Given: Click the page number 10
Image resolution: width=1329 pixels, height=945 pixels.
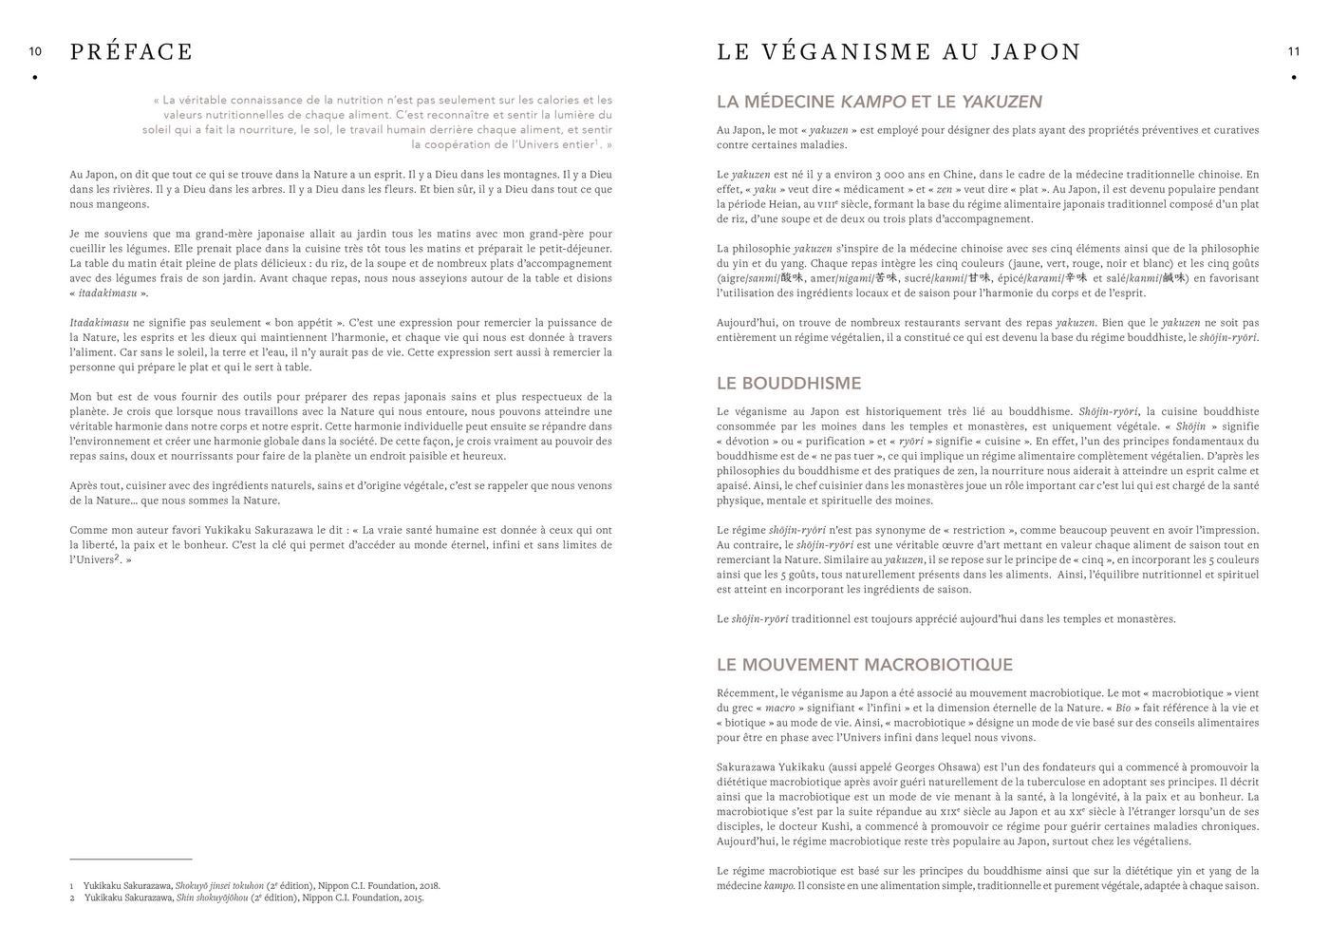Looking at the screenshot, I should coord(35,51).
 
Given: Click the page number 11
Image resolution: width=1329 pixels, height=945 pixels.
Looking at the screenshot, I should coord(1293,51).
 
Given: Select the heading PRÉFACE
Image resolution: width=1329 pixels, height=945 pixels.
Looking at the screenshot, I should coord(131,52).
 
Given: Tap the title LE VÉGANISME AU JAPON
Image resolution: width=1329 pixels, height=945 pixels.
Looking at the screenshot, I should coord(898,52).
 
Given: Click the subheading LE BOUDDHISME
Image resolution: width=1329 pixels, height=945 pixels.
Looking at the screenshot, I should coord(788,384).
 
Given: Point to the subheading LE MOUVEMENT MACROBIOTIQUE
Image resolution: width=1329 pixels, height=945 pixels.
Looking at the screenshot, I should coord(864,665).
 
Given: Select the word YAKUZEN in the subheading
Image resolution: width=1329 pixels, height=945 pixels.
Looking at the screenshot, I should coord(1001,102).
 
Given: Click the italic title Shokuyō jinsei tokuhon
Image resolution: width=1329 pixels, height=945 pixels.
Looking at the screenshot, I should coord(219,886).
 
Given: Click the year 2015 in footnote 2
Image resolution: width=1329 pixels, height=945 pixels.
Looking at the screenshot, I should coord(412,898).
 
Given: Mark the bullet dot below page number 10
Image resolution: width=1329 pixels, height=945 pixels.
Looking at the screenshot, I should coord(35,78).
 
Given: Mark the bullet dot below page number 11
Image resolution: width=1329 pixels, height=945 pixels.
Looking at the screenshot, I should coord(1293,78).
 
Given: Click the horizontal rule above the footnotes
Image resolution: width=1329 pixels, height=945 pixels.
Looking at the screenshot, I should coord(131,859).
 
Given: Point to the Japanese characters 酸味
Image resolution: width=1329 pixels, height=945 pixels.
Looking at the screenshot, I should coord(792,278).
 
